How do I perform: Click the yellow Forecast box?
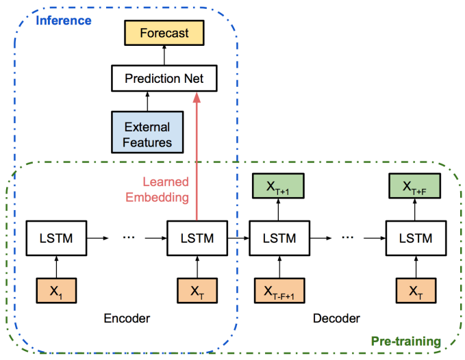pyautogui.click(x=164, y=33)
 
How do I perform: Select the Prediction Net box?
pyautogui.click(x=164, y=79)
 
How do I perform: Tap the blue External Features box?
pyautogui.click(x=148, y=134)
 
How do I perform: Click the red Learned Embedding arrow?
pyautogui.click(x=197, y=157)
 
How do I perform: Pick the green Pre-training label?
pyautogui.click(x=405, y=340)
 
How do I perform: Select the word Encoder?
pyautogui.click(x=127, y=318)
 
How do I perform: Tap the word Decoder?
pyautogui.click(x=336, y=318)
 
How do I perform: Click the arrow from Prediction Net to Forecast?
pyautogui.click(x=164, y=55)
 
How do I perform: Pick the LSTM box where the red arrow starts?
pyautogui.click(x=197, y=237)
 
